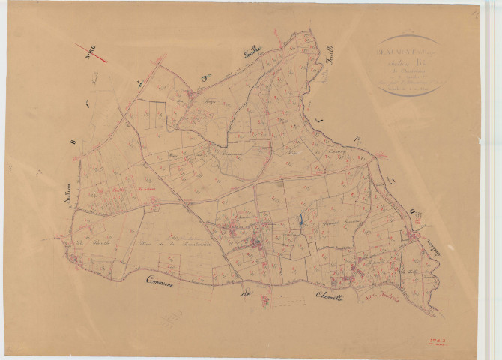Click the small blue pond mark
tap(302, 220)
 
